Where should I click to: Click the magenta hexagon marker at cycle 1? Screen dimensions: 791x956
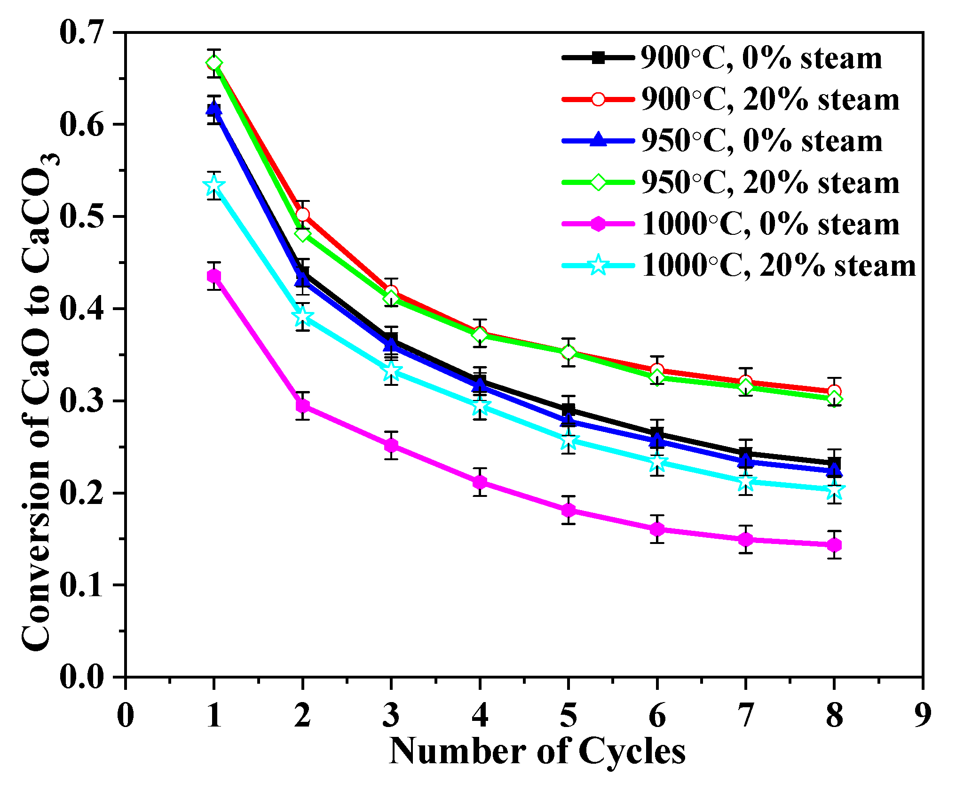click(214, 276)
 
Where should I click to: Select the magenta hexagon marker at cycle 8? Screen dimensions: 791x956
click(834, 545)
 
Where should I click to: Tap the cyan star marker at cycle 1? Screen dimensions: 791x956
click(214, 185)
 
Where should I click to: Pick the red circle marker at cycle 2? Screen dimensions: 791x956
click(302, 215)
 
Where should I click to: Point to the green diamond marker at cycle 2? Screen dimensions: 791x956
click(302, 234)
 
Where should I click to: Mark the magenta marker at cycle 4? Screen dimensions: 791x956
click(480, 482)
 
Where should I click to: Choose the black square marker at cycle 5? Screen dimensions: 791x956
click(568, 409)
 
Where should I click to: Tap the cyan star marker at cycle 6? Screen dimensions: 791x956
click(657, 463)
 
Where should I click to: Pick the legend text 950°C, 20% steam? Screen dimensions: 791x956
click(770, 183)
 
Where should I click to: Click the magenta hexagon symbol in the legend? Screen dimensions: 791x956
click(598, 224)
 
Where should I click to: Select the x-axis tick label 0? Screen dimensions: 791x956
click(126, 715)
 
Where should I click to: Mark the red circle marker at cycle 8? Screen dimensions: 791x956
click(834, 392)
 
